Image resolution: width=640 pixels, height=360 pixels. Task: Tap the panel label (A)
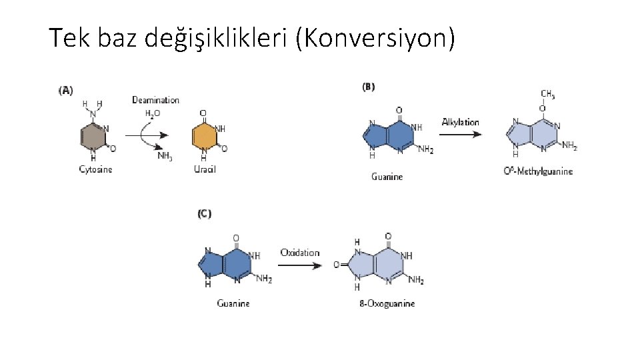[66, 89]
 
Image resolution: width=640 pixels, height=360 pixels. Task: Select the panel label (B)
[369, 86]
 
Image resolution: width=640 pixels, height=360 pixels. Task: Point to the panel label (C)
[205, 214]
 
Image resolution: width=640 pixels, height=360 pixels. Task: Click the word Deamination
[155, 100]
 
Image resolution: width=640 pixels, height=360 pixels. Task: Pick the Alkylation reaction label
[460, 122]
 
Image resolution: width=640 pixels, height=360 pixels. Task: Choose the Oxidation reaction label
[299, 253]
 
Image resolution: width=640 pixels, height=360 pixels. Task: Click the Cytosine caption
[96, 169]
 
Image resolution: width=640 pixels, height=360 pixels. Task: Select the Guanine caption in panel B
[387, 177]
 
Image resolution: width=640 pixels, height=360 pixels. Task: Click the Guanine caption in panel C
[233, 303]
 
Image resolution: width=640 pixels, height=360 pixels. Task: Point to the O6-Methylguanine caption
[538, 171]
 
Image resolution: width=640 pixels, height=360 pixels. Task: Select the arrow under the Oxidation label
[301, 265]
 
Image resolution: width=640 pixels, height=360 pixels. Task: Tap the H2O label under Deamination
[153, 113]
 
